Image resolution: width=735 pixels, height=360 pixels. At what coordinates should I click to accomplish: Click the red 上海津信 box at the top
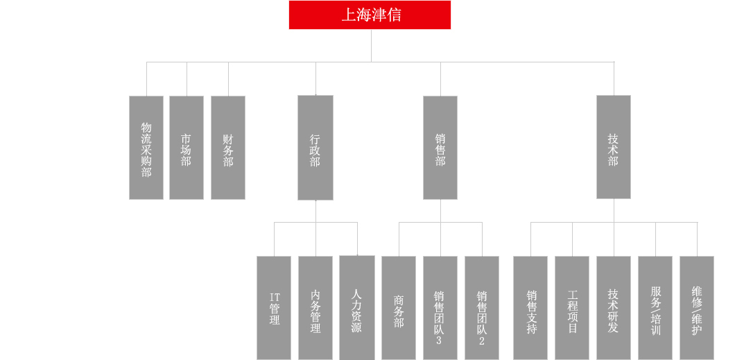370,15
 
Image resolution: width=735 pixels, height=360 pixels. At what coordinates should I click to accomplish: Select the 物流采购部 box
146,148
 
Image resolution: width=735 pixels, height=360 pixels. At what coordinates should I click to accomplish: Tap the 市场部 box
187,148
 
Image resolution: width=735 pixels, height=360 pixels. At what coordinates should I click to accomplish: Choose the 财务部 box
228,148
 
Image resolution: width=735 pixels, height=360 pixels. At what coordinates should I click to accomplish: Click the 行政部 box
315,148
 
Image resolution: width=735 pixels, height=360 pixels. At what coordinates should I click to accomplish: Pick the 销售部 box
440,148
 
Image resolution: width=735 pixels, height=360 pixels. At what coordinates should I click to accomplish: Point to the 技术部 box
614,147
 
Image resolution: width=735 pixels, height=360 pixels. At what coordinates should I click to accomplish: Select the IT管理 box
274,308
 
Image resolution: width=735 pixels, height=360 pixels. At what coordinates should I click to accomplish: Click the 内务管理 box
315,308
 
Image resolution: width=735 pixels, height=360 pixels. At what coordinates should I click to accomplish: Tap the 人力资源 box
357,308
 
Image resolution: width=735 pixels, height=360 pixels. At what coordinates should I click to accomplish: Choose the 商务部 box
399,308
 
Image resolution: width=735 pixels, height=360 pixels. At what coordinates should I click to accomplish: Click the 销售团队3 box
440,308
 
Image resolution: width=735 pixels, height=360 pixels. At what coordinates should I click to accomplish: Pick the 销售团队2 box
482,308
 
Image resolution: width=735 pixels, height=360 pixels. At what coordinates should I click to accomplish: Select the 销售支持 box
530,308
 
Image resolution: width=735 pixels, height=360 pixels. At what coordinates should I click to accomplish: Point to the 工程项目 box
572,308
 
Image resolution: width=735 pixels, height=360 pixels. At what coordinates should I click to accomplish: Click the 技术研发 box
614,308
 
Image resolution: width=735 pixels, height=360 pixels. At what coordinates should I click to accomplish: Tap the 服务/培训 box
655,308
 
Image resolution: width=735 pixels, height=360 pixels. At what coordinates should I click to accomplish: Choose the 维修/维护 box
697,308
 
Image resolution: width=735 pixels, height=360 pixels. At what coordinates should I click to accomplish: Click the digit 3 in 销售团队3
439,341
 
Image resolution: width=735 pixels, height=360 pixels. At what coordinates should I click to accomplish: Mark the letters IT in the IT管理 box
275,298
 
